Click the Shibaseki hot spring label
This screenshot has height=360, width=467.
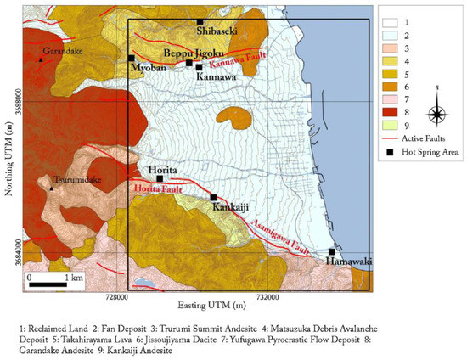217,31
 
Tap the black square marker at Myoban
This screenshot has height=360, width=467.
132,58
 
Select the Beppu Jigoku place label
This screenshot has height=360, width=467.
191,53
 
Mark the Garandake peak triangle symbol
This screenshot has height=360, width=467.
40,59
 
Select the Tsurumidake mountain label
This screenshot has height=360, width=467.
74,180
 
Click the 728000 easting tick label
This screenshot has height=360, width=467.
116,297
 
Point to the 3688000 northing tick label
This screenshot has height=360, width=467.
16,101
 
